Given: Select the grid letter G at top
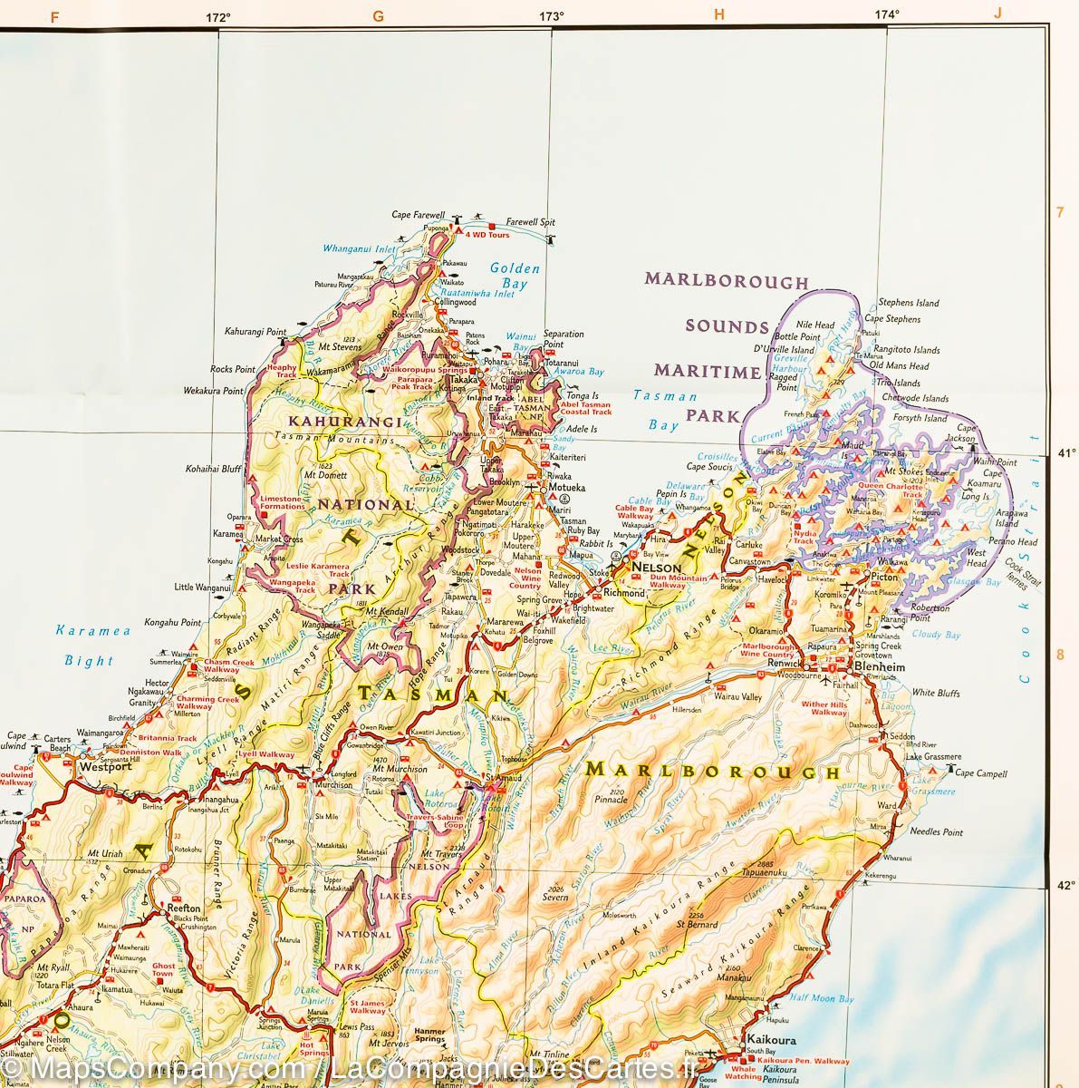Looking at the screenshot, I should (x=378, y=15).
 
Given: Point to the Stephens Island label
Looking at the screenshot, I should (x=909, y=303).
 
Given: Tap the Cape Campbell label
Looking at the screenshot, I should (x=982, y=773).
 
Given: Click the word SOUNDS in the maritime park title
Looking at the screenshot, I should (x=726, y=326).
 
